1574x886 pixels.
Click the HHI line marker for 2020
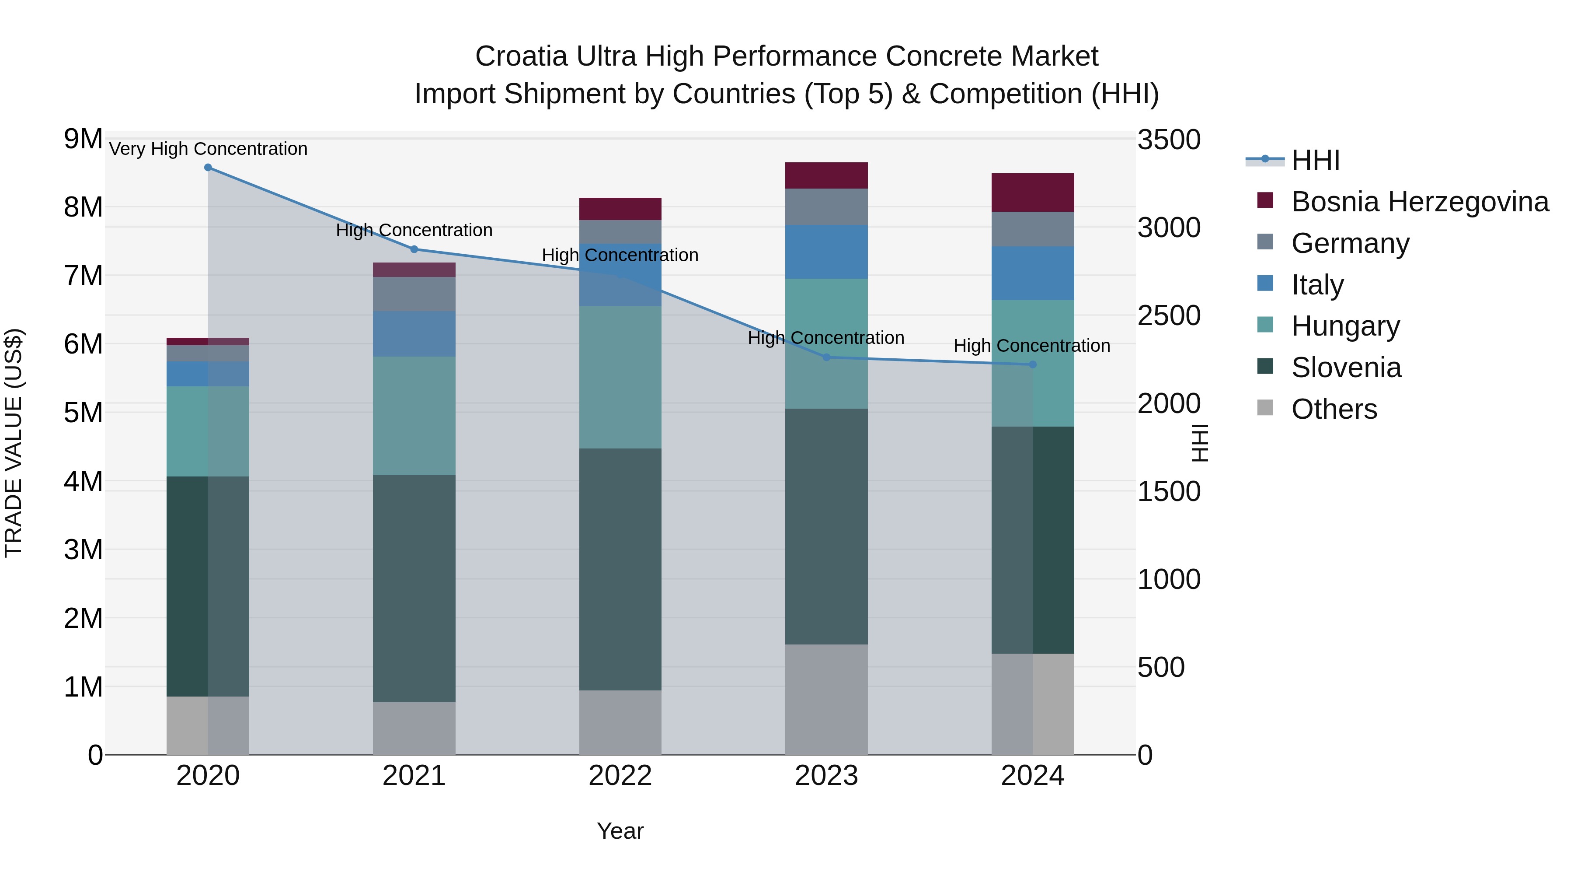click(208, 168)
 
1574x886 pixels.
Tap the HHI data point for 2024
click(1033, 364)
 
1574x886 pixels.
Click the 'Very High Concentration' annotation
click(208, 149)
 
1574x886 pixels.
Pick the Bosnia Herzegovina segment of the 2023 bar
click(826, 175)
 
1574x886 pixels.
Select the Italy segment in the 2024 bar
click(1033, 273)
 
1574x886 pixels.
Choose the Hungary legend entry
click(1345, 326)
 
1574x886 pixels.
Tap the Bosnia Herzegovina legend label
click(1419, 202)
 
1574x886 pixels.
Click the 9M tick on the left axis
click(83, 140)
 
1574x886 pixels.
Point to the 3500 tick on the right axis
click(1168, 140)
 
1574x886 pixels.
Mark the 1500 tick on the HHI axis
click(1168, 492)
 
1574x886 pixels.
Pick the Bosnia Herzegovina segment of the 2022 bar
click(620, 209)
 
